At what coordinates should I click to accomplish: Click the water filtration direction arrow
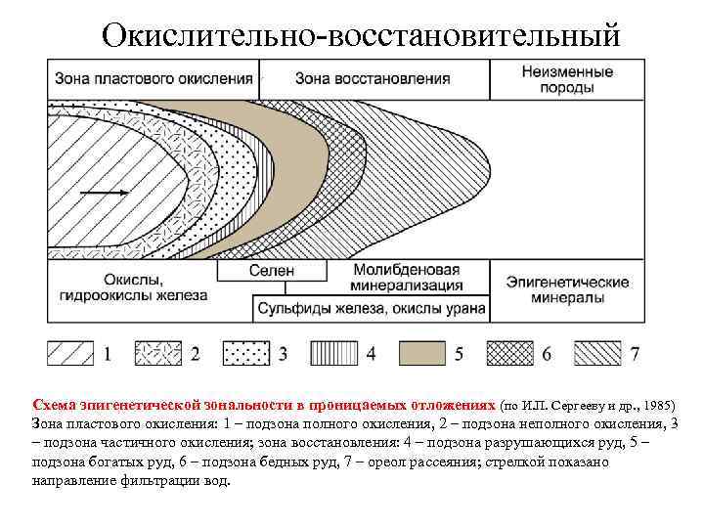point(103,193)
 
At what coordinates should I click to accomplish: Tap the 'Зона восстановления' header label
point(373,78)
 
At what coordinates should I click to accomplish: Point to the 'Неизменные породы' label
point(567,79)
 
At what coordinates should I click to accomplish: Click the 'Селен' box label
point(271,271)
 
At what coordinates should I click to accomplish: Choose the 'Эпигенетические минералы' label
point(567,288)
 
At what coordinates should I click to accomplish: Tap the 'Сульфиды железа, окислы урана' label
point(369,309)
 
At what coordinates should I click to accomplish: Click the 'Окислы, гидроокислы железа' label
point(132,289)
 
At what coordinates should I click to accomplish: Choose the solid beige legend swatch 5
point(423,352)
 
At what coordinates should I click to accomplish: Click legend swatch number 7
point(598,352)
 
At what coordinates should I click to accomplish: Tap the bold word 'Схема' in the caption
point(53,403)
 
